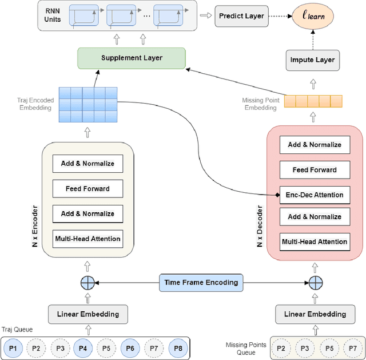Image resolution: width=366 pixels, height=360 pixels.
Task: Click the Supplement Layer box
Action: click(132, 58)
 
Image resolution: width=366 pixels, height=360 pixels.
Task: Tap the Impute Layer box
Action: click(312, 60)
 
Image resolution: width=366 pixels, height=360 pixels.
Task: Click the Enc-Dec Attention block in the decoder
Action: click(314, 195)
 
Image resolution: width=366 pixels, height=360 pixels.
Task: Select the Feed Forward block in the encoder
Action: click(87, 188)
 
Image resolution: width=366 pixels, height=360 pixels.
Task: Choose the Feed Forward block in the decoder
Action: click(314, 169)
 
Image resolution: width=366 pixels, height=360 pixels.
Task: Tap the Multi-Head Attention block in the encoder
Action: click(87, 238)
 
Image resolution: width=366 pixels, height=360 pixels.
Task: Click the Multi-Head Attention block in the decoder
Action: click(314, 242)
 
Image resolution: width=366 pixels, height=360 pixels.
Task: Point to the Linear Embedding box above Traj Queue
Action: click(87, 314)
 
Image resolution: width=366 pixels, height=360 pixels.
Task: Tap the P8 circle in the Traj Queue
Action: click(177, 348)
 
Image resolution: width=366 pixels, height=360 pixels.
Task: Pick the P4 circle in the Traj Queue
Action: click(82, 348)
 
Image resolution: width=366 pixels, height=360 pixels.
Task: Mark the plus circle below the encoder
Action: click(87, 282)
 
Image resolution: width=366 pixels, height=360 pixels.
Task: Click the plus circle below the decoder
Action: click(316, 282)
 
